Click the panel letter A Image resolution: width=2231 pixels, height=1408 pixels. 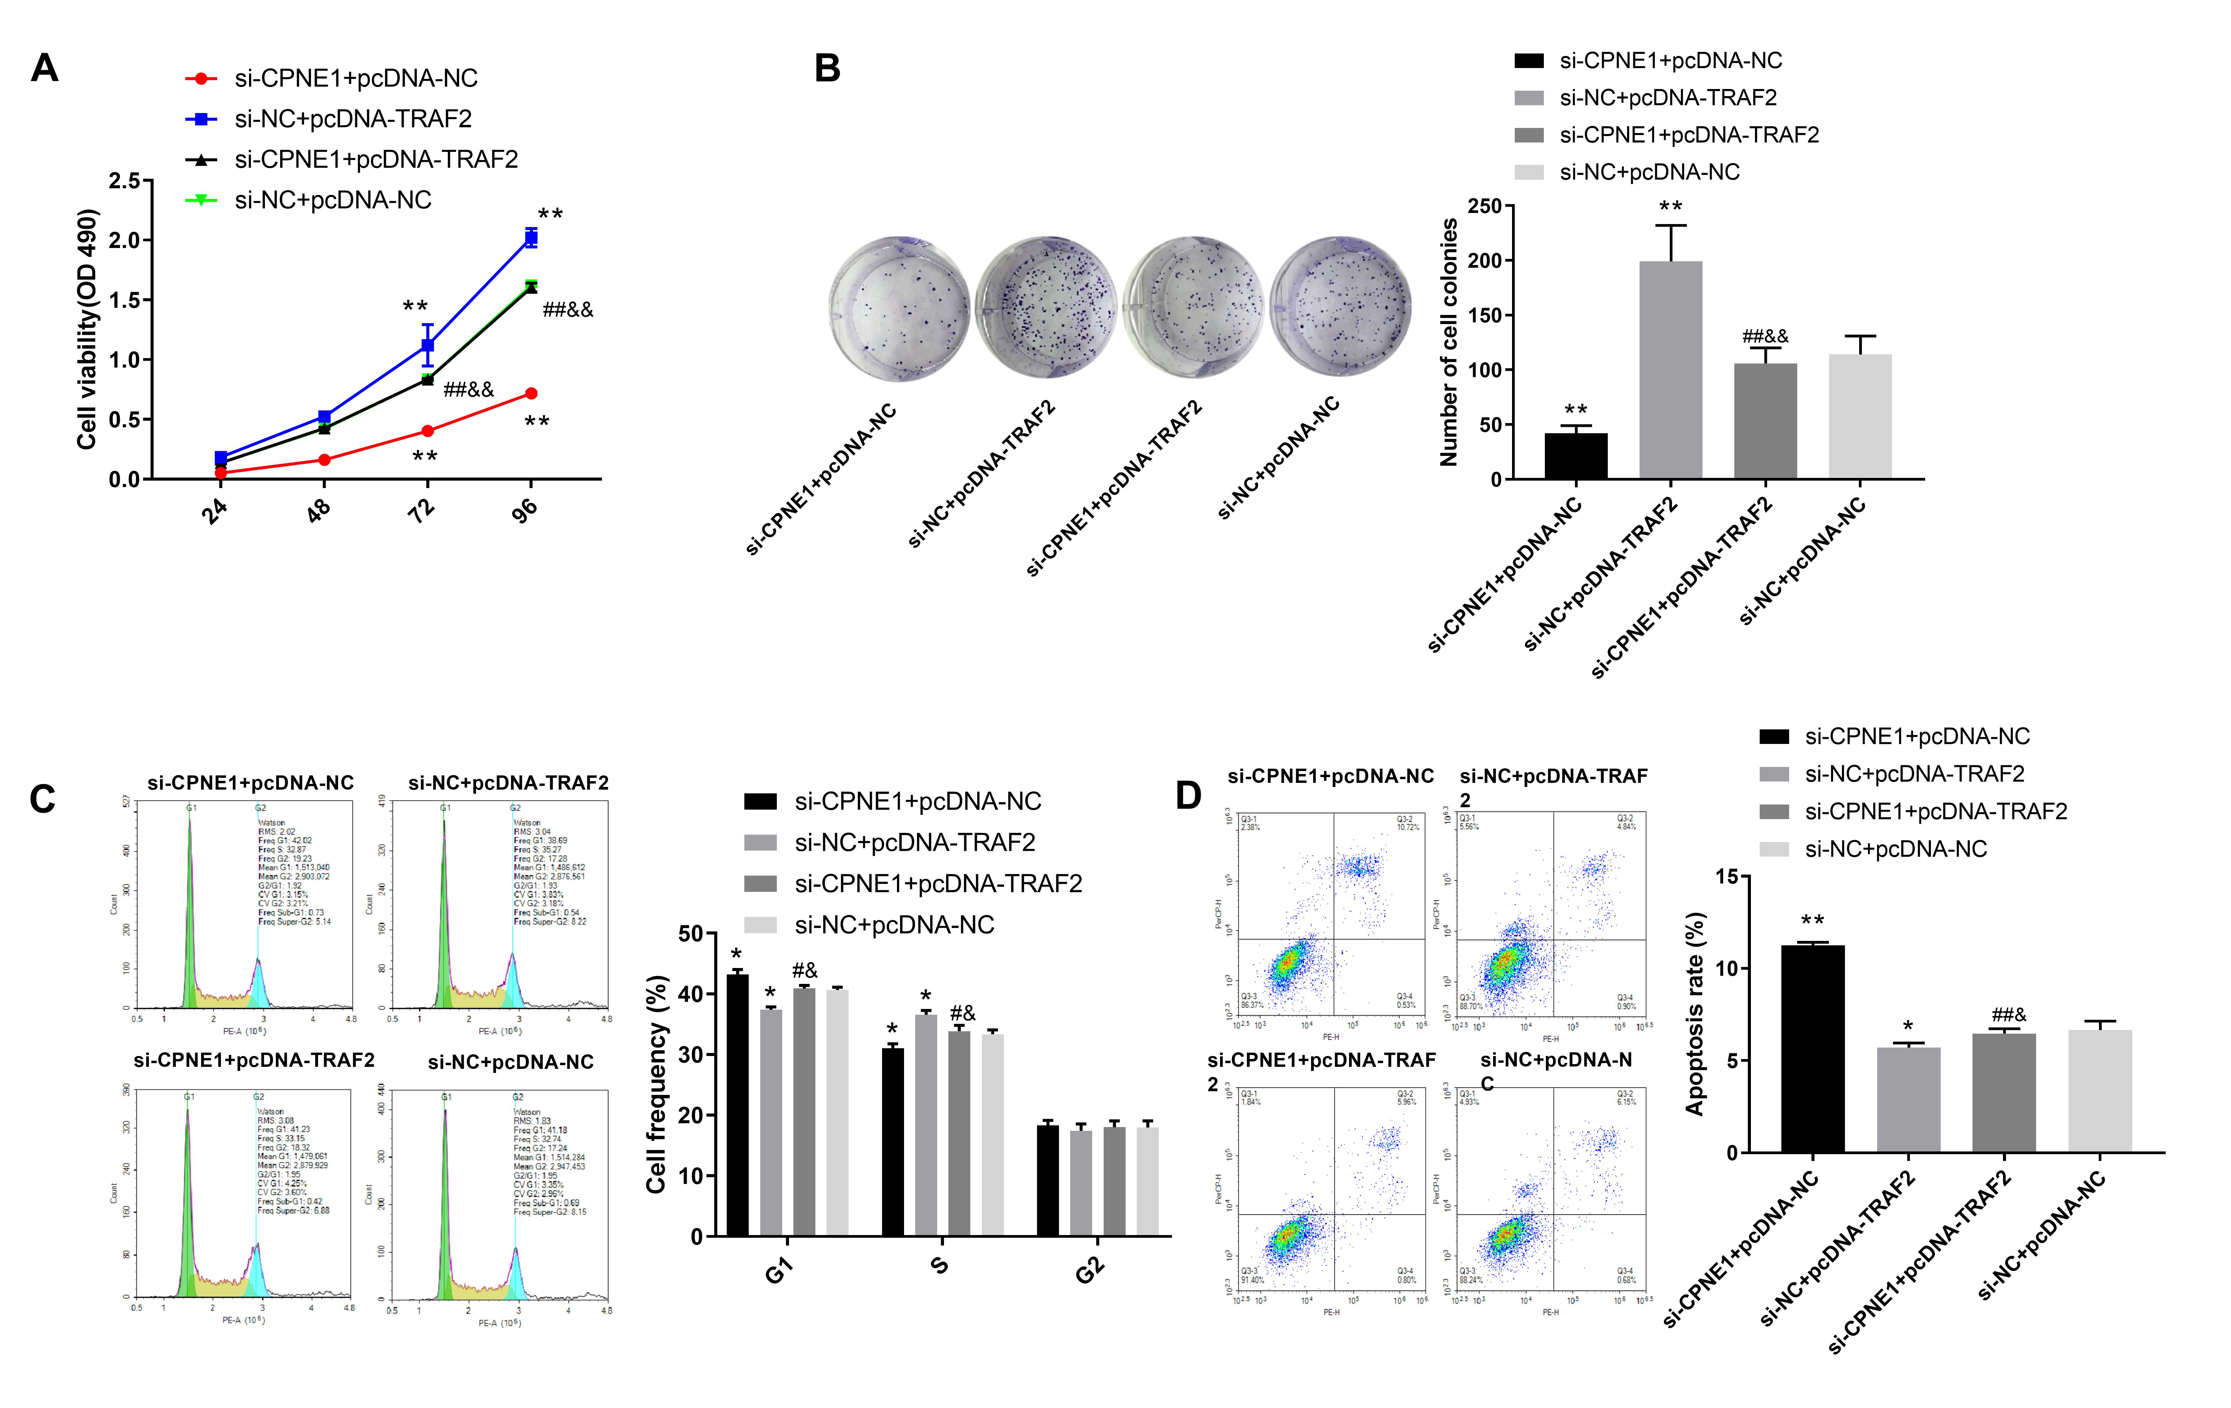click(x=44, y=69)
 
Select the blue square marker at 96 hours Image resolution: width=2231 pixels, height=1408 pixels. click(x=531, y=238)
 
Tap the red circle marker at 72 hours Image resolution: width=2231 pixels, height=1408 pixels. click(x=427, y=431)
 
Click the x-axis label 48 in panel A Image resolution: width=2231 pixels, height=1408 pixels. click(x=319, y=510)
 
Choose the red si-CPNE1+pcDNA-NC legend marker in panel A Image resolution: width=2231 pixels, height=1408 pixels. click(x=201, y=79)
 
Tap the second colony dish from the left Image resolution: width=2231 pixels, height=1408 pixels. click(x=1045, y=308)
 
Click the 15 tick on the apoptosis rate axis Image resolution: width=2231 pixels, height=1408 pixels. click(x=1727, y=876)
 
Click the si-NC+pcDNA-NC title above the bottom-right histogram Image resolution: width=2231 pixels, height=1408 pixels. click(x=511, y=1062)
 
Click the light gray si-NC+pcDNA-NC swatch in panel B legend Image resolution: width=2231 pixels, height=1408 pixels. click(x=1529, y=172)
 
